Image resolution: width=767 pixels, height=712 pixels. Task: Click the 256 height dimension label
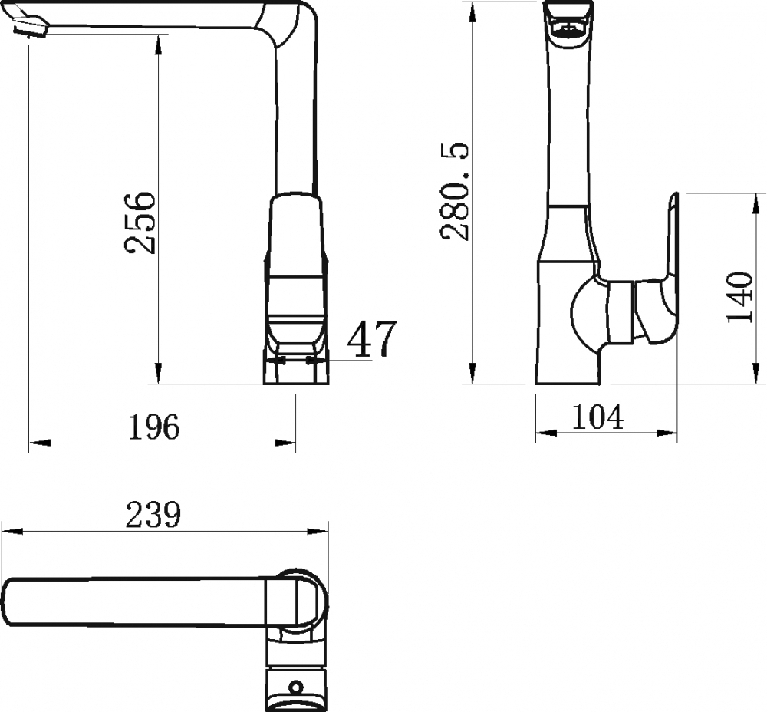(x=140, y=222)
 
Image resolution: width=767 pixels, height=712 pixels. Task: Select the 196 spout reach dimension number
(x=153, y=427)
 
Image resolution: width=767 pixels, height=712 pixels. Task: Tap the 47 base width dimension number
(x=371, y=339)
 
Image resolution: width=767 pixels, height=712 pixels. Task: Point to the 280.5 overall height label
(x=454, y=191)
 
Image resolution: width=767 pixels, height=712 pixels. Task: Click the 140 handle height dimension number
(x=739, y=297)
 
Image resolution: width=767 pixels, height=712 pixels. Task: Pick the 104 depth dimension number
(x=597, y=417)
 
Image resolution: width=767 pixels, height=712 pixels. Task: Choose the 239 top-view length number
(x=153, y=515)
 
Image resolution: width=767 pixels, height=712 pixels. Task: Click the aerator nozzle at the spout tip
(x=31, y=28)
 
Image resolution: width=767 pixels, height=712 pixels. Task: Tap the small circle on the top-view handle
(x=295, y=687)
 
